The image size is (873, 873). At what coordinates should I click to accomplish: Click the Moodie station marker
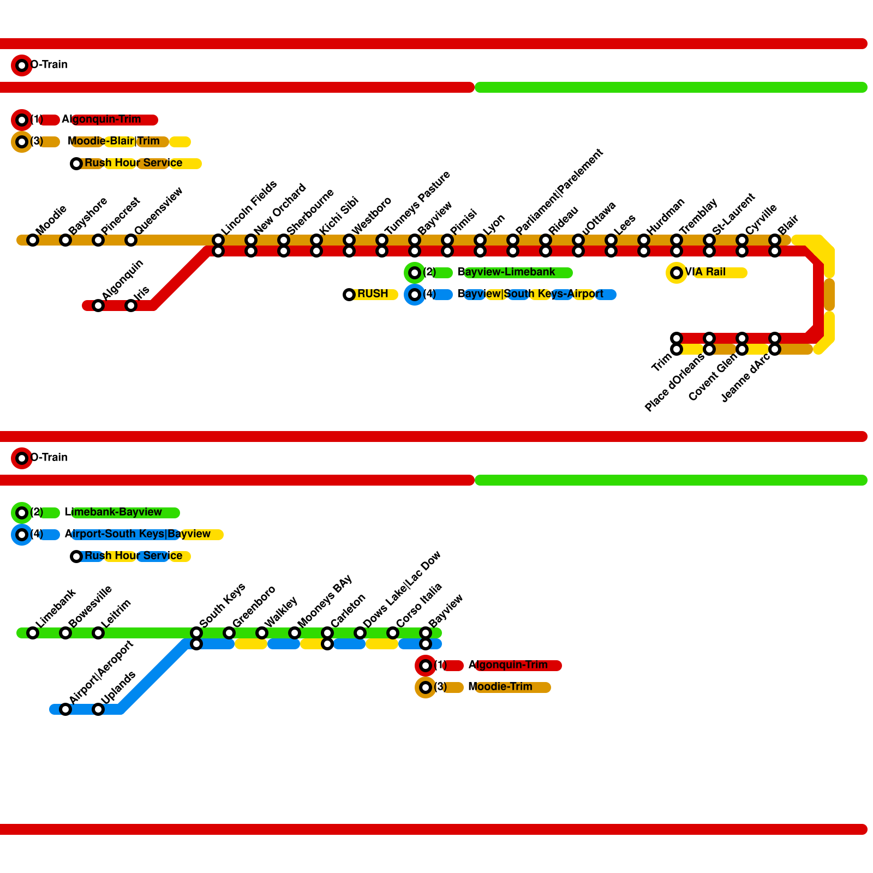[33, 240]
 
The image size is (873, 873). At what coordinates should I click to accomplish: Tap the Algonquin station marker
[98, 306]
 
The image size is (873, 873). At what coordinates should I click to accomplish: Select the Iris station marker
[131, 306]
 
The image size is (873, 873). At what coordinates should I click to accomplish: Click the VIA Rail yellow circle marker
[677, 273]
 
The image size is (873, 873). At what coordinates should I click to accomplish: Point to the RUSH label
[373, 294]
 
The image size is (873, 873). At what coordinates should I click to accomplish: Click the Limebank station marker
[33, 633]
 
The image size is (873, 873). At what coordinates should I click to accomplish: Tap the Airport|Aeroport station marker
[65, 709]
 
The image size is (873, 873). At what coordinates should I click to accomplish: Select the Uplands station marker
[98, 709]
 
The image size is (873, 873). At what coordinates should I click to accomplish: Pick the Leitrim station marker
[98, 633]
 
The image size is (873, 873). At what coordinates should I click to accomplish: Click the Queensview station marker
[131, 240]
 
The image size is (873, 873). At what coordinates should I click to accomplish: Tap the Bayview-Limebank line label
[506, 272]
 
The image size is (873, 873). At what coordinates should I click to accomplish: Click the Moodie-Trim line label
[500, 687]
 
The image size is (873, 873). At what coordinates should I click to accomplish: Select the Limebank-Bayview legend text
[113, 512]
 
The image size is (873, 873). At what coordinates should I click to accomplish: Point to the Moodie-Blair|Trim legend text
[113, 141]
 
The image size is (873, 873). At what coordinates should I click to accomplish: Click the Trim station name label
[661, 363]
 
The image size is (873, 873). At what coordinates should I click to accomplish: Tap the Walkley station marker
[262, 633]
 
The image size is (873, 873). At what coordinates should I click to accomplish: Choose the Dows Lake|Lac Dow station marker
[360, 633]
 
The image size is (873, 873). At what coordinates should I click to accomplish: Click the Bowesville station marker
[65, 633]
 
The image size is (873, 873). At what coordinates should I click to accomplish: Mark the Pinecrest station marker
[98, 240]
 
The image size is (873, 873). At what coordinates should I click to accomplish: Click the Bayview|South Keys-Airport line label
[530, 294]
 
